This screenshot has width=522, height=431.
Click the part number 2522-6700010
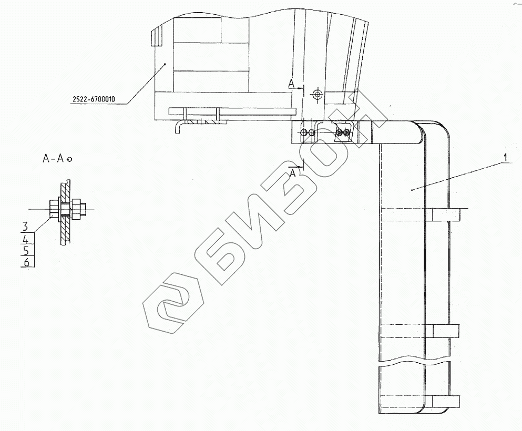pyautogui.click(x=94, y=99)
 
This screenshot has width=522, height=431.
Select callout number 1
pyautogui.click(x=505, y=157)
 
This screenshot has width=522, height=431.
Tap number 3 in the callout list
pyautogui.click(x=25, y=227)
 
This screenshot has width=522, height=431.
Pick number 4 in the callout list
pyautogui.click(x=26, y=239)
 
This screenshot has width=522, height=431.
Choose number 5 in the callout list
pyautogui.click(x=26, y=250)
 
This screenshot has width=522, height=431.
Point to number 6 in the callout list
pyautogui.click(x=26, y=262)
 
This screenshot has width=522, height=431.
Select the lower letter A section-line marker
pyautogui.click(x=293, y=173)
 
